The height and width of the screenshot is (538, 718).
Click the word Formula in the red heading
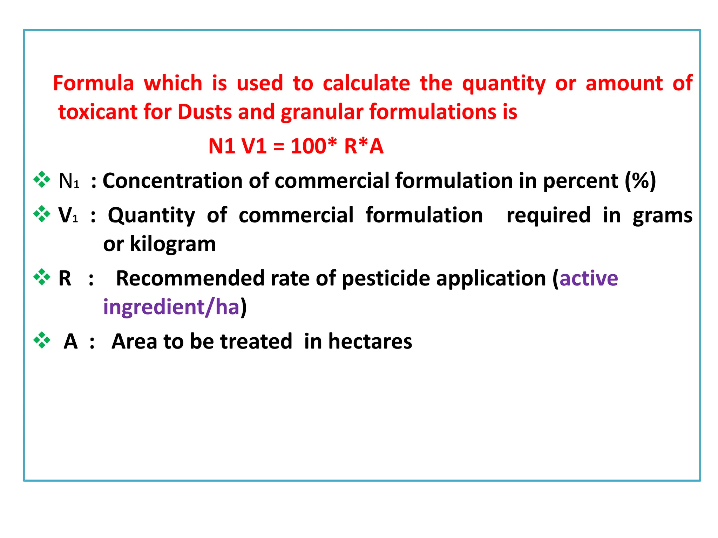[93, 83]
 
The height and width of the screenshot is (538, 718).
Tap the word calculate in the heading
[366, 83]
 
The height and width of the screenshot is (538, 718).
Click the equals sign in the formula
[278, 147]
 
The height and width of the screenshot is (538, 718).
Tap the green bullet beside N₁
[42, 179]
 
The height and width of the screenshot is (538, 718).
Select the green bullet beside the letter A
[42, 340]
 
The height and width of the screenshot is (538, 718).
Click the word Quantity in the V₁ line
[151, 215]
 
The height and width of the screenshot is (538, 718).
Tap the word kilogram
[173, 244]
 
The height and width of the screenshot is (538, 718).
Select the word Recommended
[190, 278]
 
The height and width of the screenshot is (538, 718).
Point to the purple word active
[589, 278]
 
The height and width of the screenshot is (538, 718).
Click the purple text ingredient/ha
[171, 307]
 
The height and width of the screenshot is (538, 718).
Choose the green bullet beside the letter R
[42, 277]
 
